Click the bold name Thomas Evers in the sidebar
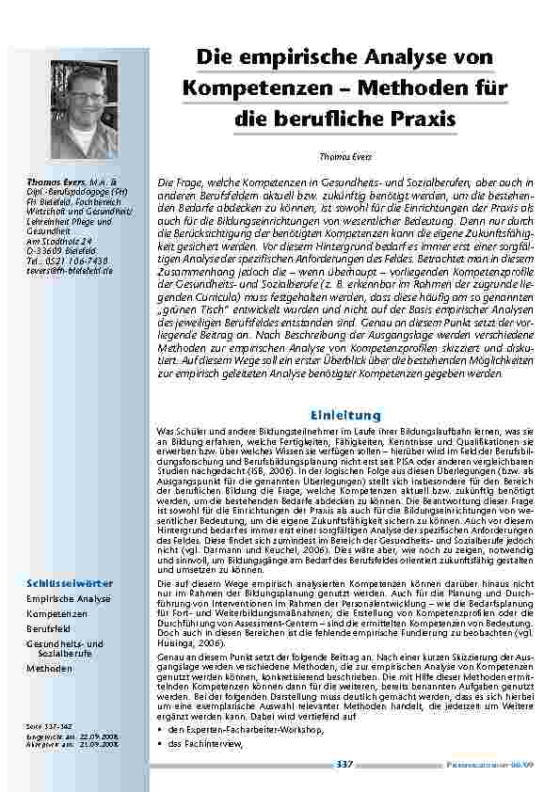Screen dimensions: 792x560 pos(57,180)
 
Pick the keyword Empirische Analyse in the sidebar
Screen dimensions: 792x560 pos(68,597)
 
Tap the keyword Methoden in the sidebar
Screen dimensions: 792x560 pos(50,668)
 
